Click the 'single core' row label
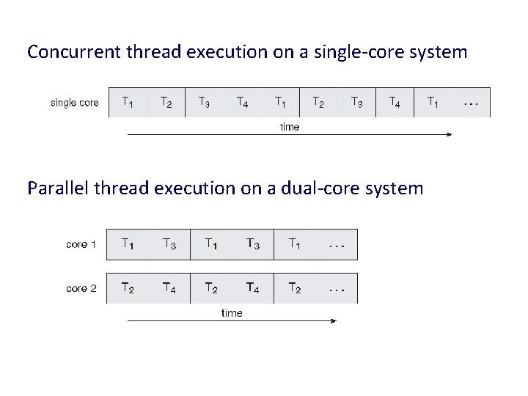[x=74, y=103]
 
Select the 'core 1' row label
[x=81, y=244]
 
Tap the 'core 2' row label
[x=81, y=288]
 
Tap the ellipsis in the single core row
[x=472, y=103]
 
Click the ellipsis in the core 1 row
[x=337, y=244]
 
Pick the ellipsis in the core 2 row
[x=337, y=288]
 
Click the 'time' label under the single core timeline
[x=290, y=127]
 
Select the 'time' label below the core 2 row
[x=232, y=313]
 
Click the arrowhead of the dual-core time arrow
[x=334, y=320]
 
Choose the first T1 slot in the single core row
[x=128, y=103]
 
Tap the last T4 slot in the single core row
[x=395, y=103]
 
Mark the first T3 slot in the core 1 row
[x=169, y=244]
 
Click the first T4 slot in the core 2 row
[x=169, y=288]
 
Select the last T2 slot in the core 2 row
[x=294, y=288]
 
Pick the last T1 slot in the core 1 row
[x=294, y=244]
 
